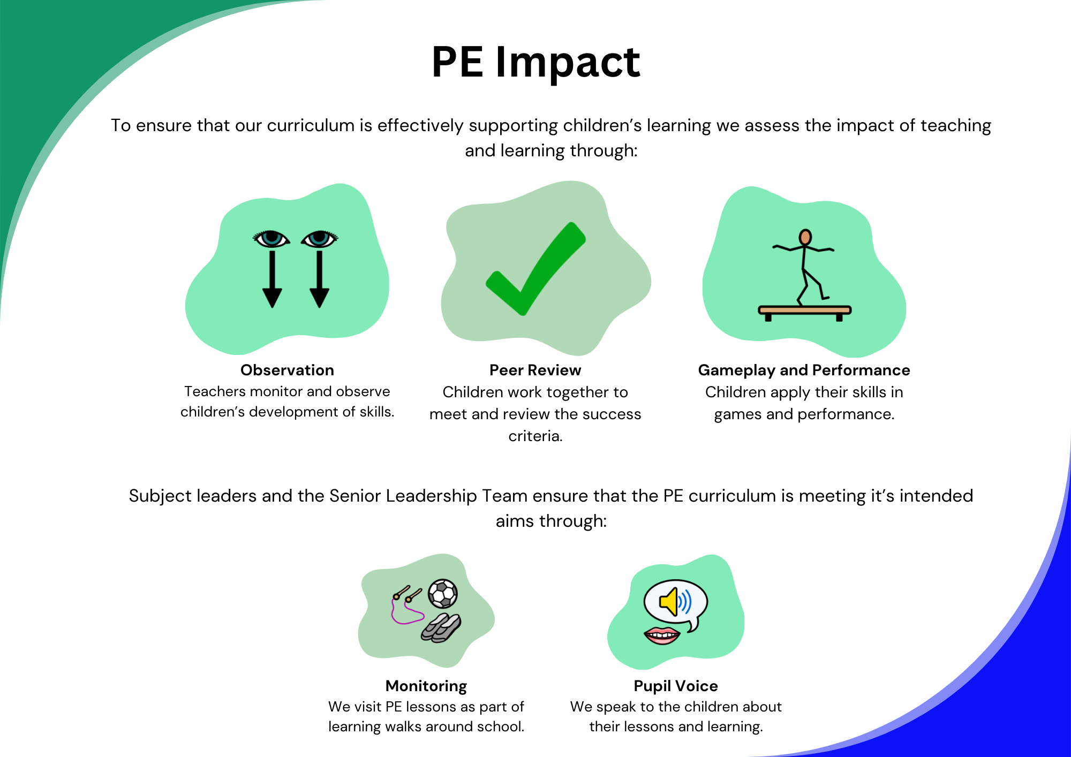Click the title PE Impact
[535, 63]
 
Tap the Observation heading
[287, 370]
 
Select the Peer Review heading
[535, 370]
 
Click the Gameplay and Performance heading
[804, 370]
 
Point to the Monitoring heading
[426, 686]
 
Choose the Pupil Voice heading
[676, 686]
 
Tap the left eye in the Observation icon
[271, 239]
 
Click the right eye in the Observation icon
[320, 239]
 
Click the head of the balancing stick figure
[805, 237]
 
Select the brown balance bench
[804, 313]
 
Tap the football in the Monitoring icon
[443, 594]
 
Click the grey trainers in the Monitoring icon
[441, 628]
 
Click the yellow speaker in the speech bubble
[669, 602]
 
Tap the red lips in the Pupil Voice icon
[662, 635]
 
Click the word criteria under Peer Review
[535, 436]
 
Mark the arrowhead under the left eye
[272, 297]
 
